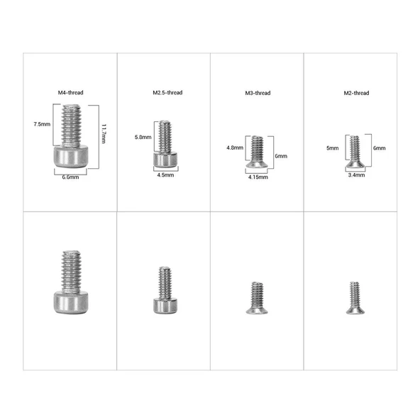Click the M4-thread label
[70, 93]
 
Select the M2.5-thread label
[167, 93]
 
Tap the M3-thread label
[257, 93]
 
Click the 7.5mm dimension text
[42, 124]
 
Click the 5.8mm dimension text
[143, 137]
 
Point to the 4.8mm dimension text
[235, 148]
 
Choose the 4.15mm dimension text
[258, 177]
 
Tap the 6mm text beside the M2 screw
[380, 148]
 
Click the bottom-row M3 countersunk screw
[257, 298]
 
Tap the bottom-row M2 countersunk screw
[354, 297]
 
